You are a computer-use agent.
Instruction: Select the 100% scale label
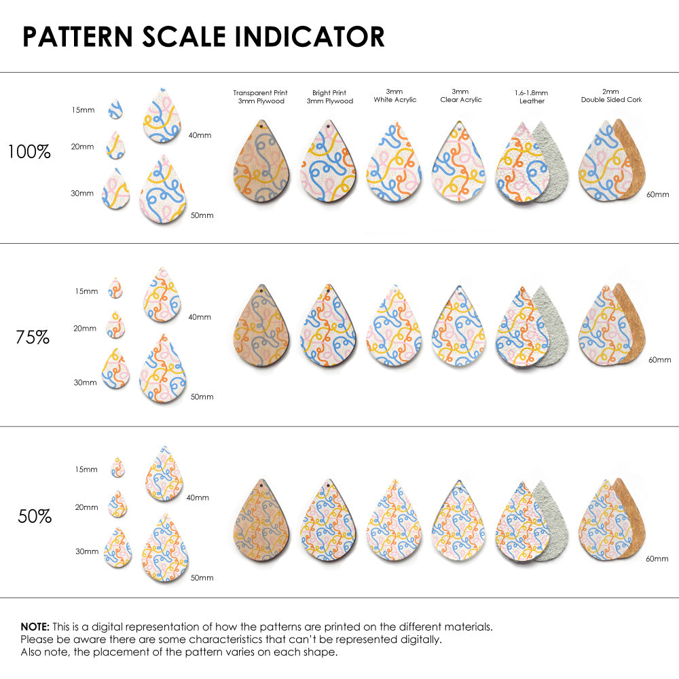[29, 151]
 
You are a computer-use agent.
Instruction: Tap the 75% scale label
[33, 336]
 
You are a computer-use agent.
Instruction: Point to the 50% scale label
[35, 516]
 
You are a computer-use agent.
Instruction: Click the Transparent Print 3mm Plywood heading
[260, 96]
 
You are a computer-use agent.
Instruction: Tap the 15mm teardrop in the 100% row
[115, 109]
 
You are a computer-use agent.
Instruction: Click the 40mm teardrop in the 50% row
[164, 474]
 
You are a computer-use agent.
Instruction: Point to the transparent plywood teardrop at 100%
[261, 163]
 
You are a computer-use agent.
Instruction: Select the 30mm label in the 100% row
[82, 194]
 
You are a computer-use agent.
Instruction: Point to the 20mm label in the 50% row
[87, 507]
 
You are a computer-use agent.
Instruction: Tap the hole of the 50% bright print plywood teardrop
[327, 486]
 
